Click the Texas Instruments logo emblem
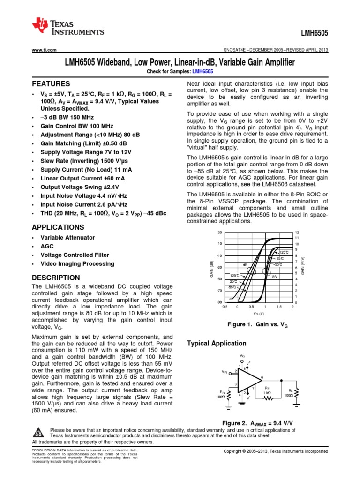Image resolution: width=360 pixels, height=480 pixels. coord(41,27)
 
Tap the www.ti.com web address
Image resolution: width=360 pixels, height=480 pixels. coord(44,50)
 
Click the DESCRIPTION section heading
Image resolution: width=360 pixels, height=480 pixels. coord(55,277)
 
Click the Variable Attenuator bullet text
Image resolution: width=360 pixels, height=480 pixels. coord(67,238)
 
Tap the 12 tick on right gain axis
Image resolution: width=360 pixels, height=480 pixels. coord(296,233)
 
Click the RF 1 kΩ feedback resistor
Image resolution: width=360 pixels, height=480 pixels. coord(267,398)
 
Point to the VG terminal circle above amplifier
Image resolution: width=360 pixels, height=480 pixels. coord(242,361)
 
